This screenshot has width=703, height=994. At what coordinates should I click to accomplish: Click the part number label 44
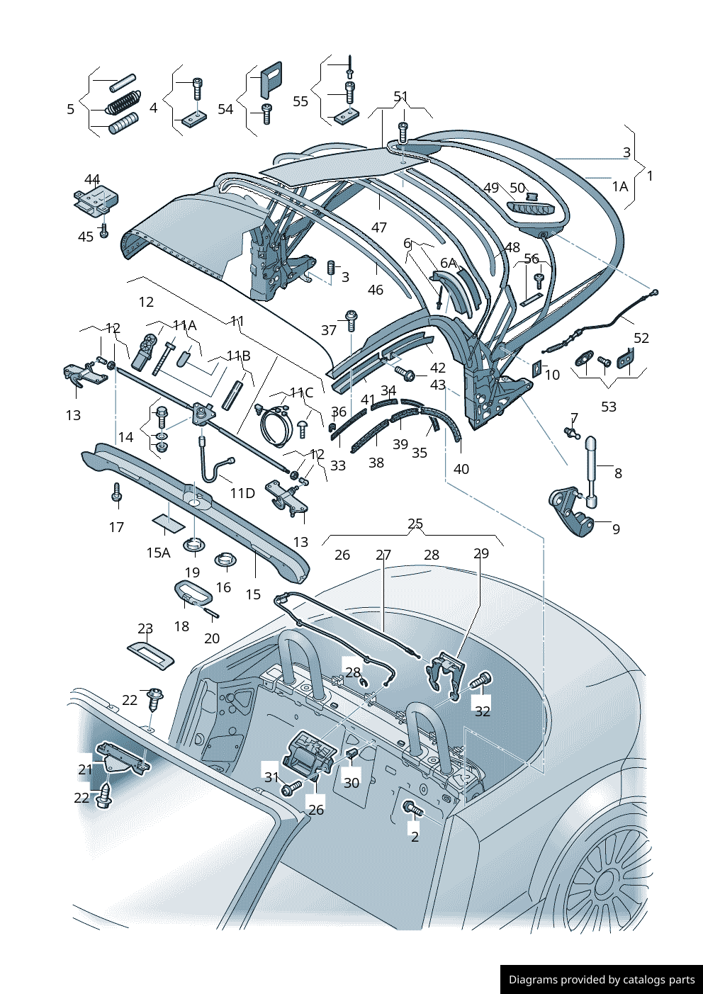pyautogui.click(x=92, y=179)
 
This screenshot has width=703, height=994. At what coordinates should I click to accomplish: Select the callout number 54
pyautogui.click(x=225, y=109)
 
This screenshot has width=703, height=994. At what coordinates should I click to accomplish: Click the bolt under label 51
pyautogui.click(x=403, y=132)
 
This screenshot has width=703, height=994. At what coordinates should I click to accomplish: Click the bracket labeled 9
pyautogui.click(x=571, y=512)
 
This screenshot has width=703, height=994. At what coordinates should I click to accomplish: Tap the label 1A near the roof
pyautogui.click(x=620, y=186)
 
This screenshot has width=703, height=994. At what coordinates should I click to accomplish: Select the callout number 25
pyautogui.click(x=415, y=524)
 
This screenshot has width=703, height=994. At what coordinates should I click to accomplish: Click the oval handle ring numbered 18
pyautogui.click(x=189, y=591)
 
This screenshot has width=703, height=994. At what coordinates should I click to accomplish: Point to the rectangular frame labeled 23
pyautogui.click(x=151, y=653)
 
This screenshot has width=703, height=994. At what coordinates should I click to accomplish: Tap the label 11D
pyautogui.click(x=242, y=493)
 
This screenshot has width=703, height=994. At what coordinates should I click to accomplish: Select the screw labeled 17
pyautogui.click(x=117, y=492)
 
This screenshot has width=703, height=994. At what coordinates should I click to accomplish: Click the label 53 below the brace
pyautogui.click(x=609, y=407)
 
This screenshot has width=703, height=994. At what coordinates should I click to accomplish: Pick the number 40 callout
pyautogui.click(x=461, y=469)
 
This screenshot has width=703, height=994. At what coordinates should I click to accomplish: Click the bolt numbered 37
pyautogui.click(x=351, y=320)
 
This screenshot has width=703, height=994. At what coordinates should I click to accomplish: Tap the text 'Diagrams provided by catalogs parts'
pyautogui.click(x=602, y=980)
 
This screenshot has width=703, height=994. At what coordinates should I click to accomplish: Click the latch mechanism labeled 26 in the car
pyautogui.click(x=308, y=755)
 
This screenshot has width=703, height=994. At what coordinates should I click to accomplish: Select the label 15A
pyautogui.click(x=158, y=553)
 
